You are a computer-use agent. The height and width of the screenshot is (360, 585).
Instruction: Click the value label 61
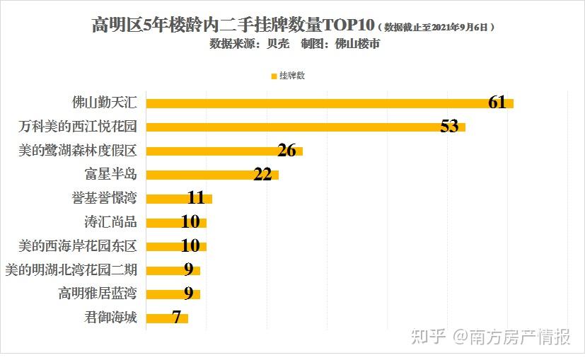[x=497, y=103]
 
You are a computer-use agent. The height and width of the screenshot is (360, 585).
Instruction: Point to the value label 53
[x=449, y=127]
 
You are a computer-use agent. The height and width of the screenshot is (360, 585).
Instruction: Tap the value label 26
[x=286, y=151]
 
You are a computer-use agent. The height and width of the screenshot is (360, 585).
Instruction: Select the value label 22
[x=262, y=175]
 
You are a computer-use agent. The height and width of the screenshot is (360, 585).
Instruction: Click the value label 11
[x=196, y=198]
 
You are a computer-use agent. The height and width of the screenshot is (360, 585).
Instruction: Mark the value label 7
[x=177, y=318]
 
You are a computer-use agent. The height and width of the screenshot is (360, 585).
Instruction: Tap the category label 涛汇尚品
[x=110, y=222]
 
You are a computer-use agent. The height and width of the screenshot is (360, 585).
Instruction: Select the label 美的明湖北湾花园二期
[x=71, y=269]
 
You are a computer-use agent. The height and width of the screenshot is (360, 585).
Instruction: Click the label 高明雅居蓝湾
[x=98, y=294]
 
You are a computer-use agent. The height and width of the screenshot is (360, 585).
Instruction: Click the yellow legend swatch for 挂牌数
[x=274, y=76]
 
